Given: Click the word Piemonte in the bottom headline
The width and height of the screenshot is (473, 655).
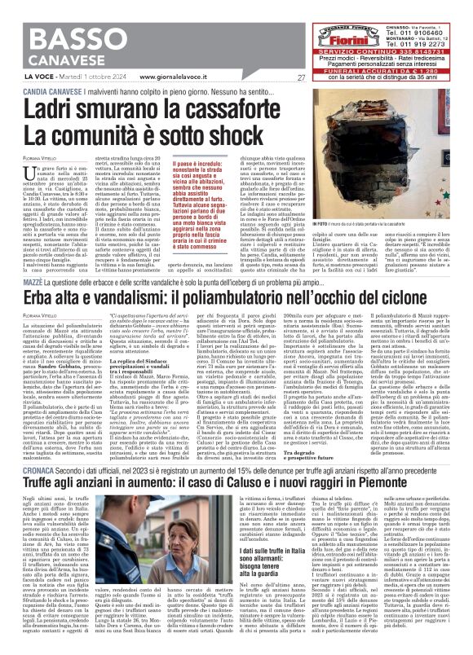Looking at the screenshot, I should point(410,484).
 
